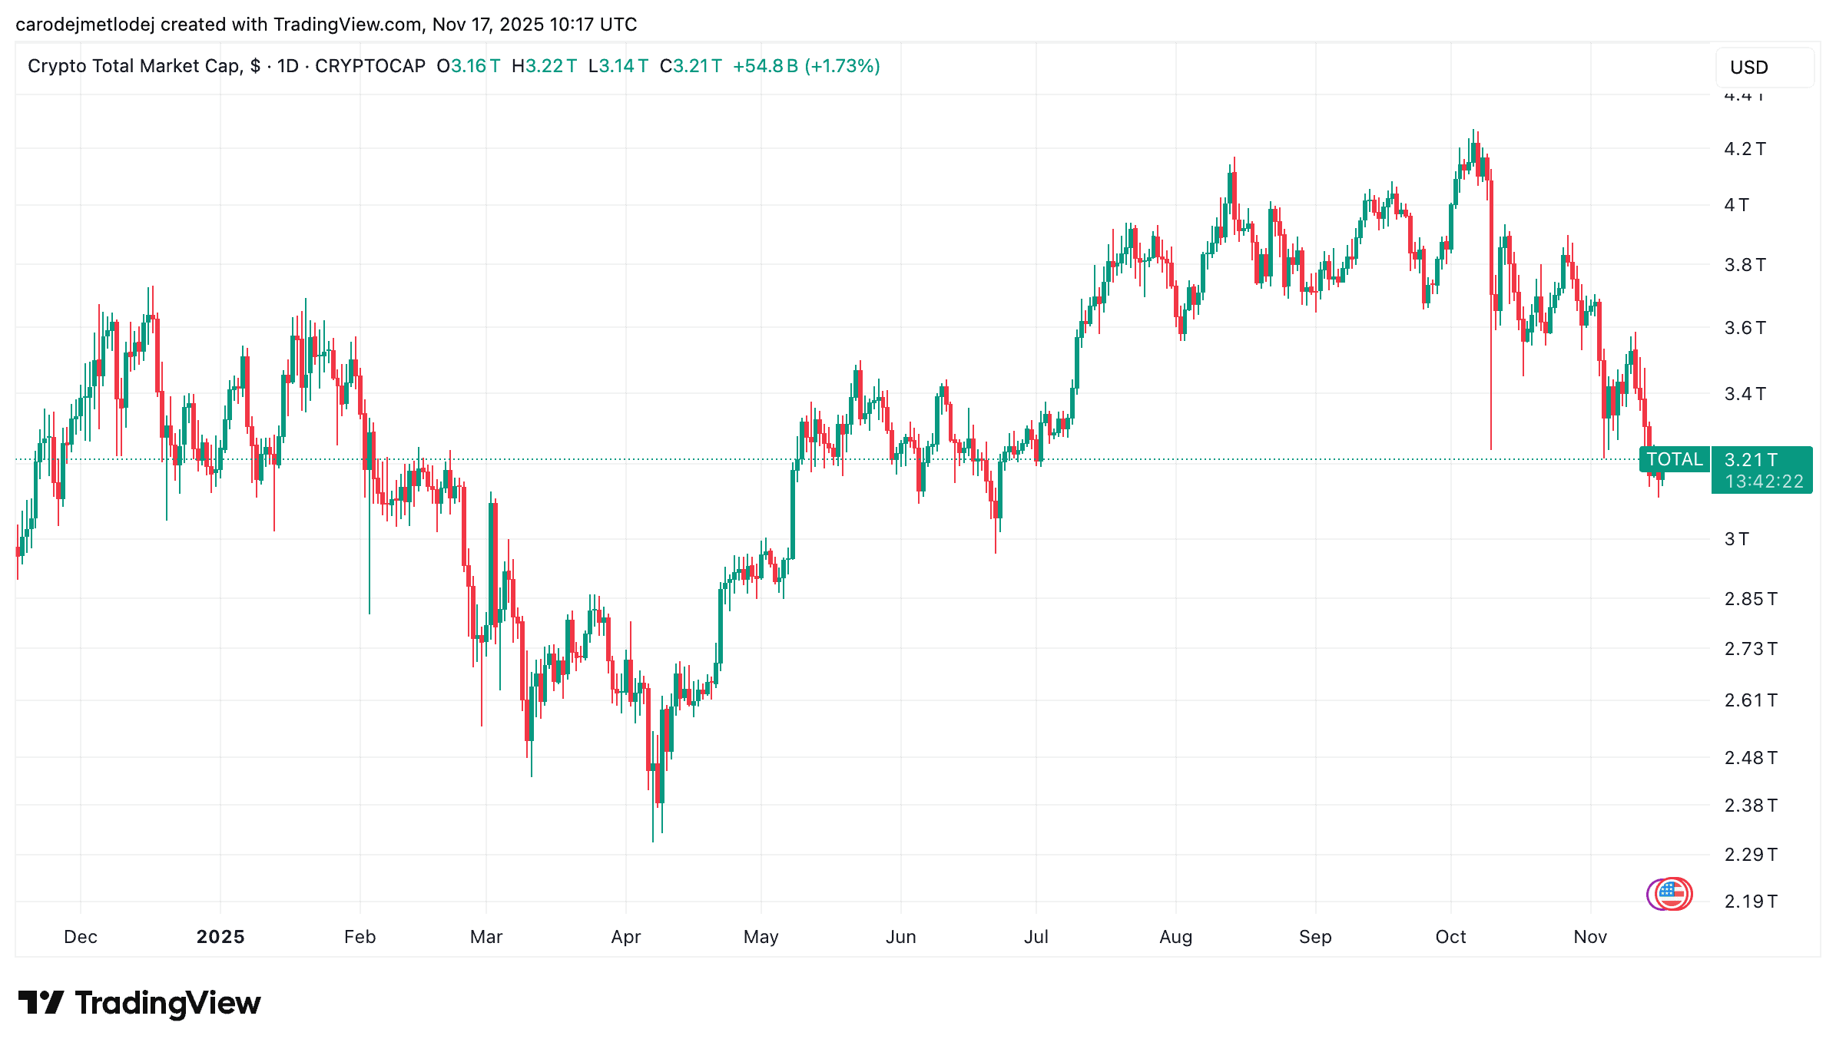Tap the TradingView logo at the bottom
point(139,1003)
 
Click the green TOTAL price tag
point(1675,459)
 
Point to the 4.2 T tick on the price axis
point(1745,149)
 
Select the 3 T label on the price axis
point(1736,539)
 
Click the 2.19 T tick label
point(1750,902)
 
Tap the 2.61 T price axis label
point(1750,700)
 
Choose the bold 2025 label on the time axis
point(220,937)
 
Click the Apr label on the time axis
point(626,937)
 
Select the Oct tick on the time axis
point(1450,937)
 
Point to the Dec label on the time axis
point(81,937)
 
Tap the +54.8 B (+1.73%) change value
point(807,66)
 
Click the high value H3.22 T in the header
point(544,66)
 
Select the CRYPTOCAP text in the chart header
point(370,66)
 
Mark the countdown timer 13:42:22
point(1764,481)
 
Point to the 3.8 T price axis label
point(1745,265)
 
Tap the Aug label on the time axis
point(1175,937)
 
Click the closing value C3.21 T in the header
point(691,66)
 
